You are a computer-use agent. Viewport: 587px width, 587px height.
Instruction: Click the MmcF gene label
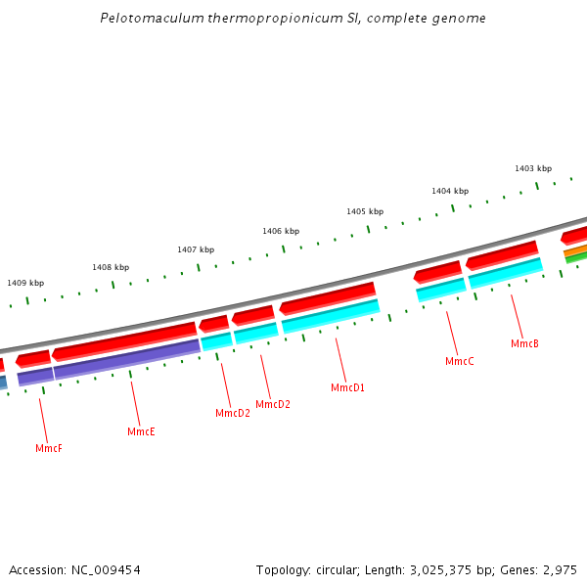(x=49, y=448)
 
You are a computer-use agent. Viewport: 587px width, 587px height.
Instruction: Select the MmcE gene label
(x=141, y=431)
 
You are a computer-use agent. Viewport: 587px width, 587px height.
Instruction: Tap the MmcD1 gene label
(x=347, y=388)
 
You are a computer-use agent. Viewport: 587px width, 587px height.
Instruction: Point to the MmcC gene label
(x=459, y=362)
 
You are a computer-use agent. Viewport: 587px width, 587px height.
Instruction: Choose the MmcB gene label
(x=524, y=344)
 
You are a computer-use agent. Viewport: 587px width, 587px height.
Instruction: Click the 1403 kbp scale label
(x=533, y=169)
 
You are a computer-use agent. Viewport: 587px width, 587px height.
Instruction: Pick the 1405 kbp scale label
(x=364, y=211)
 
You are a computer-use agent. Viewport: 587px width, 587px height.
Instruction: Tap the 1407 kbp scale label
(x=196, y=250)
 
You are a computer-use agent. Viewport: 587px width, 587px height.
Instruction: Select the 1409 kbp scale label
(x=25, y=283)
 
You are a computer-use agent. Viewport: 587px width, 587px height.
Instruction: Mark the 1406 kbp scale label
(x=280, y=231)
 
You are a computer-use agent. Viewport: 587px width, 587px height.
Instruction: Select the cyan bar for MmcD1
(x=331, y=315)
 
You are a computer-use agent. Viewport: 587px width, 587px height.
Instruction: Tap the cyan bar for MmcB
(x=505, y=272)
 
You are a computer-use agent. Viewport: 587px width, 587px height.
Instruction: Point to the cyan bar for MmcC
(x=440, y=289)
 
